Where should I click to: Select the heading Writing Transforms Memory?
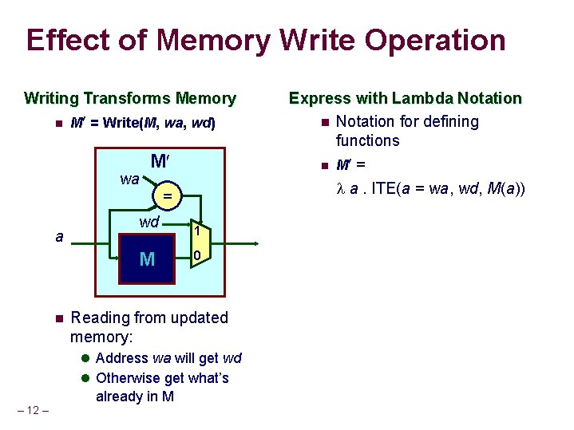click(x=130, y=99)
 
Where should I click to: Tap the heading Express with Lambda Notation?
click(x=405, y=99)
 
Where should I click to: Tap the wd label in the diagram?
click(x=149, y=222)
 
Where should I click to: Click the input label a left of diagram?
click(x=60, y=236)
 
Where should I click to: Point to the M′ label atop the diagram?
click(x=159, y=162)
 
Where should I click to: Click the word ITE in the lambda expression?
click(x=384, y=189)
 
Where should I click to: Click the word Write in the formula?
click(x=121, y=124)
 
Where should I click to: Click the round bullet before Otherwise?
click(x=86, y=378)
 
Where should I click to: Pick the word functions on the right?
click(x=367, y=141)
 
